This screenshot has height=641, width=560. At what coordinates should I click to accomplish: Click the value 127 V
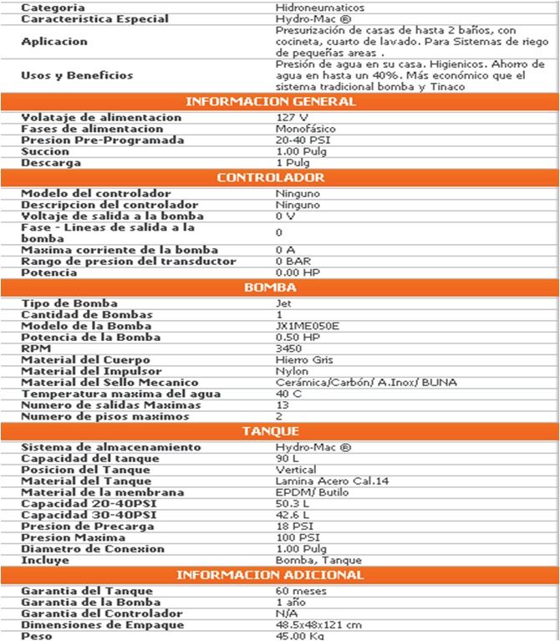coord(291,118)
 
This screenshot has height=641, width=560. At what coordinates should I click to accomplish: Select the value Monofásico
coord(305,130)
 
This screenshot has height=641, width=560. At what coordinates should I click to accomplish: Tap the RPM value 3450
coord(288,348)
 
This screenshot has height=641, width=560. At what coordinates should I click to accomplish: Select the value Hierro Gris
coord(304,360)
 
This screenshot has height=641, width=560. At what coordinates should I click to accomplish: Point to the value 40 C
coord(288,394)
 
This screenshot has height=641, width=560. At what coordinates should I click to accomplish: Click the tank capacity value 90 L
coord(286,458)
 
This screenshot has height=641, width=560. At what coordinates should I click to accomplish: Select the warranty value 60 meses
coord(301,592)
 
